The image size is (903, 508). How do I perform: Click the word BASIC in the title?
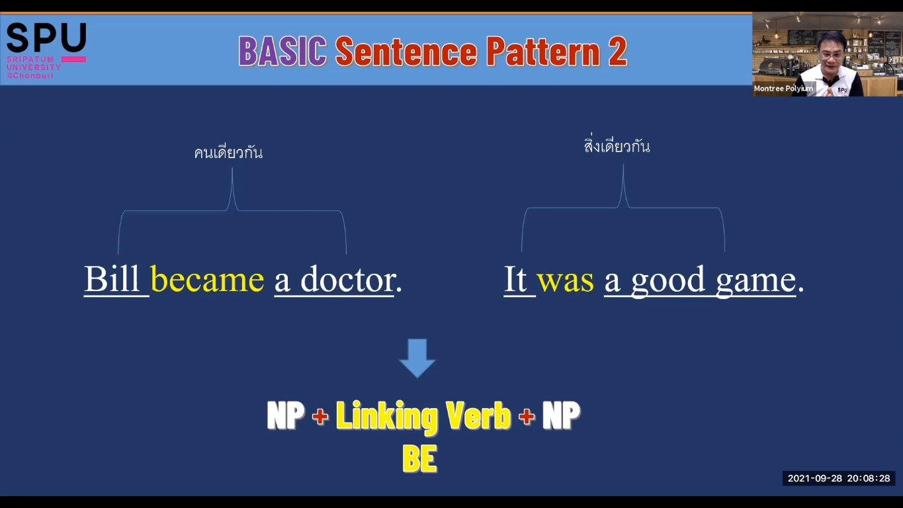[x=282, y=51]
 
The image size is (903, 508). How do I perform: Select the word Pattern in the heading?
[x=543, y=51]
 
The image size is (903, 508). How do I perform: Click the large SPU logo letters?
[x=46, y=38]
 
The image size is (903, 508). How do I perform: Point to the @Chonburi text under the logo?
[x=30, y=75]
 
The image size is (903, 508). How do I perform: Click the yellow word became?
[x=207, y=279]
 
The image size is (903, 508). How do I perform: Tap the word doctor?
[x=348, y=278]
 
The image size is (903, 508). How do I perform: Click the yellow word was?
[x=565, y=280]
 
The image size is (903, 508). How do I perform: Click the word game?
[x=756, y=282]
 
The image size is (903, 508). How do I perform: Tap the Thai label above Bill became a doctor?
[x=228, y=152]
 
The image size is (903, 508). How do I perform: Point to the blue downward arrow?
[x=417, y=358]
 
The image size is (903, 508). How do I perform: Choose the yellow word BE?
[x=419, y=458]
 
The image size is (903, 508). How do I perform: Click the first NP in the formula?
[x=286, y=415]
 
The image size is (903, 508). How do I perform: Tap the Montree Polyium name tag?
[x=783, y=88]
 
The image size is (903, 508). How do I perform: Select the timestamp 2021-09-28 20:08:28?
[x=839, y=479]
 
